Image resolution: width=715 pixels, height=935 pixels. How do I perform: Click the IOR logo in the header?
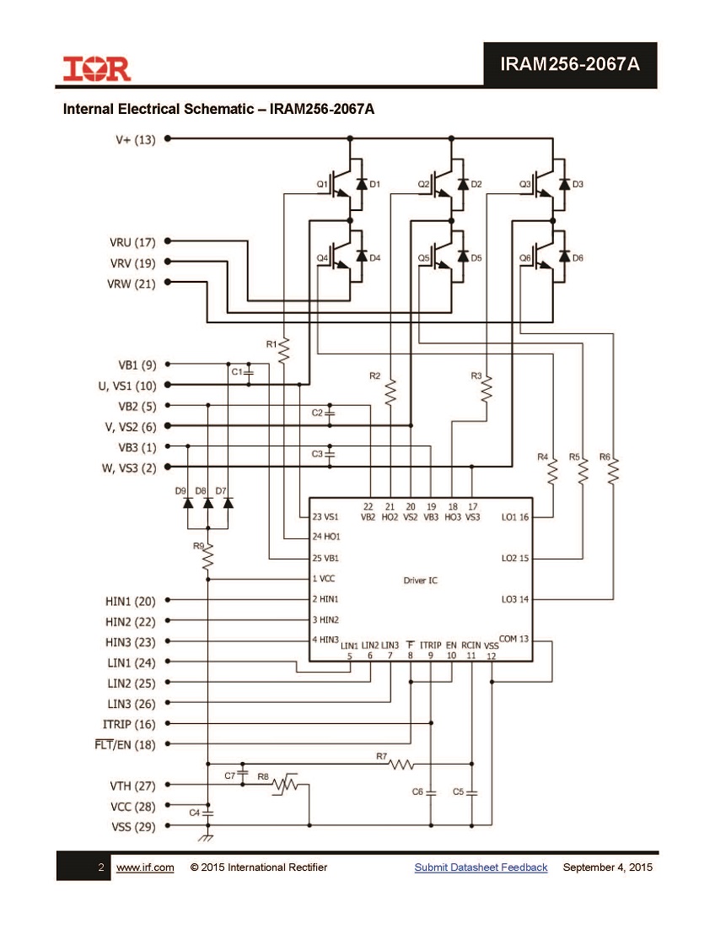pyautogui.click(x=96, y=68)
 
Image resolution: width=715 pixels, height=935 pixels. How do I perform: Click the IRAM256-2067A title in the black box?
pyautogui.click(x=570, y=64)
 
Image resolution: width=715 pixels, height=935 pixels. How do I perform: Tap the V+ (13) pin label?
pyautogui.click(x=135, y=139)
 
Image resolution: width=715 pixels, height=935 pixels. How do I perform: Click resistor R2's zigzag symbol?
pyautogui.click(x=391, y=392)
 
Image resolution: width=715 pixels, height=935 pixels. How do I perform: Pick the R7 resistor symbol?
pyautogui.click(x=401, y=764)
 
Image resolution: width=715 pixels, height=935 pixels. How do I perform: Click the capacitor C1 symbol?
pyautogui.click(x=249, y=372)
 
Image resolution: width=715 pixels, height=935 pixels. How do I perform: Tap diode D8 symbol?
pyautogui.click(x=208, y=503)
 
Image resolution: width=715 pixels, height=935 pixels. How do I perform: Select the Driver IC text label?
pyautogui.click(x=420, y=581)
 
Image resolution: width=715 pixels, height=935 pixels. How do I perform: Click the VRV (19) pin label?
pyautogui.click(x=132, y=263)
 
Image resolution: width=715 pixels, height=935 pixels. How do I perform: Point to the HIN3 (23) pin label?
pyautogui.click(x=130, y=642)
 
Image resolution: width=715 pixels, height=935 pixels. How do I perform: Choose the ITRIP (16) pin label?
pyautogui.click(x=129, y=724)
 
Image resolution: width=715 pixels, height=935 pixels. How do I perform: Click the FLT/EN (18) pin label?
pyautogui.click(x=125, y=745)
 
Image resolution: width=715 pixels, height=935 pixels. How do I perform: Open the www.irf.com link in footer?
pyautogui.click(x=145, y=867)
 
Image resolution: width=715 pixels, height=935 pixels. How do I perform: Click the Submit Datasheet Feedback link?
pyautogui.click(x=481, y=867)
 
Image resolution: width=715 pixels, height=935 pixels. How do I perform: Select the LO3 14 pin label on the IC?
pyautogui.click(x=515, y=598)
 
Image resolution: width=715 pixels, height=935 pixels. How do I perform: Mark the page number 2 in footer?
pyautogui.click(x=101, y=867)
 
